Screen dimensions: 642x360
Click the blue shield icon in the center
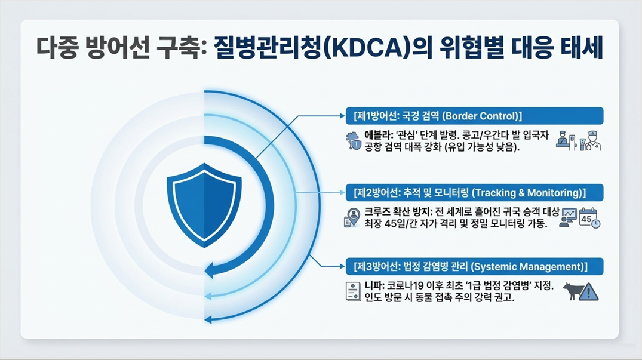[204, 205]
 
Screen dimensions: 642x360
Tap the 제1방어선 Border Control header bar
[475, 116]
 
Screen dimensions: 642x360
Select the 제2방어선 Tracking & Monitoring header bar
[475, 193]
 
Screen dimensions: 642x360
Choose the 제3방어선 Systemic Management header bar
[475, 267]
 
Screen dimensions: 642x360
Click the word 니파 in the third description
[373, 285]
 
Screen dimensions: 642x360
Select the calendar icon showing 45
[589, 218]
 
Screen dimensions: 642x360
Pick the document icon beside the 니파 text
[353, 291]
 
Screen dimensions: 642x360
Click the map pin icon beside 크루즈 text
[352, 217]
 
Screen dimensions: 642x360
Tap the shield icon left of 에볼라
[354, 141]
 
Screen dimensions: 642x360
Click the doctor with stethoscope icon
[592, 141]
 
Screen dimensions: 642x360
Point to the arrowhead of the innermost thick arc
[209, 270]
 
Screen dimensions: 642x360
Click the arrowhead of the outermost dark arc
[208, 319]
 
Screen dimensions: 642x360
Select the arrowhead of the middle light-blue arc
[208, 296]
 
